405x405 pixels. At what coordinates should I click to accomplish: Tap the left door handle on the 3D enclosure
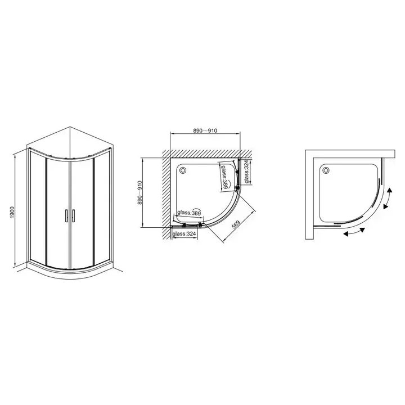(x=66, y=215)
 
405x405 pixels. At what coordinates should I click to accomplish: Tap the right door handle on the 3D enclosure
(x=73, y=215)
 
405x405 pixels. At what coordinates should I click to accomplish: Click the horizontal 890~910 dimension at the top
(x=205, y=130)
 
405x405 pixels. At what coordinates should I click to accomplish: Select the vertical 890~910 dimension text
(x=139, y=193)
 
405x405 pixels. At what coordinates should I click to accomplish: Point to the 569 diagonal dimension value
(x=236, y=224)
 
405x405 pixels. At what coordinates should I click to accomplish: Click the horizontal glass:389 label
(x=189, y=213)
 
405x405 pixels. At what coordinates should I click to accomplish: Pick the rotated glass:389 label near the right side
(x=224, y=177)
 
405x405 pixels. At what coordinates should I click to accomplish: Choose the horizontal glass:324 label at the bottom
(x=184, y=234)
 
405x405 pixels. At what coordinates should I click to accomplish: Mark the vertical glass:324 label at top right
(x=246, y=172)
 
